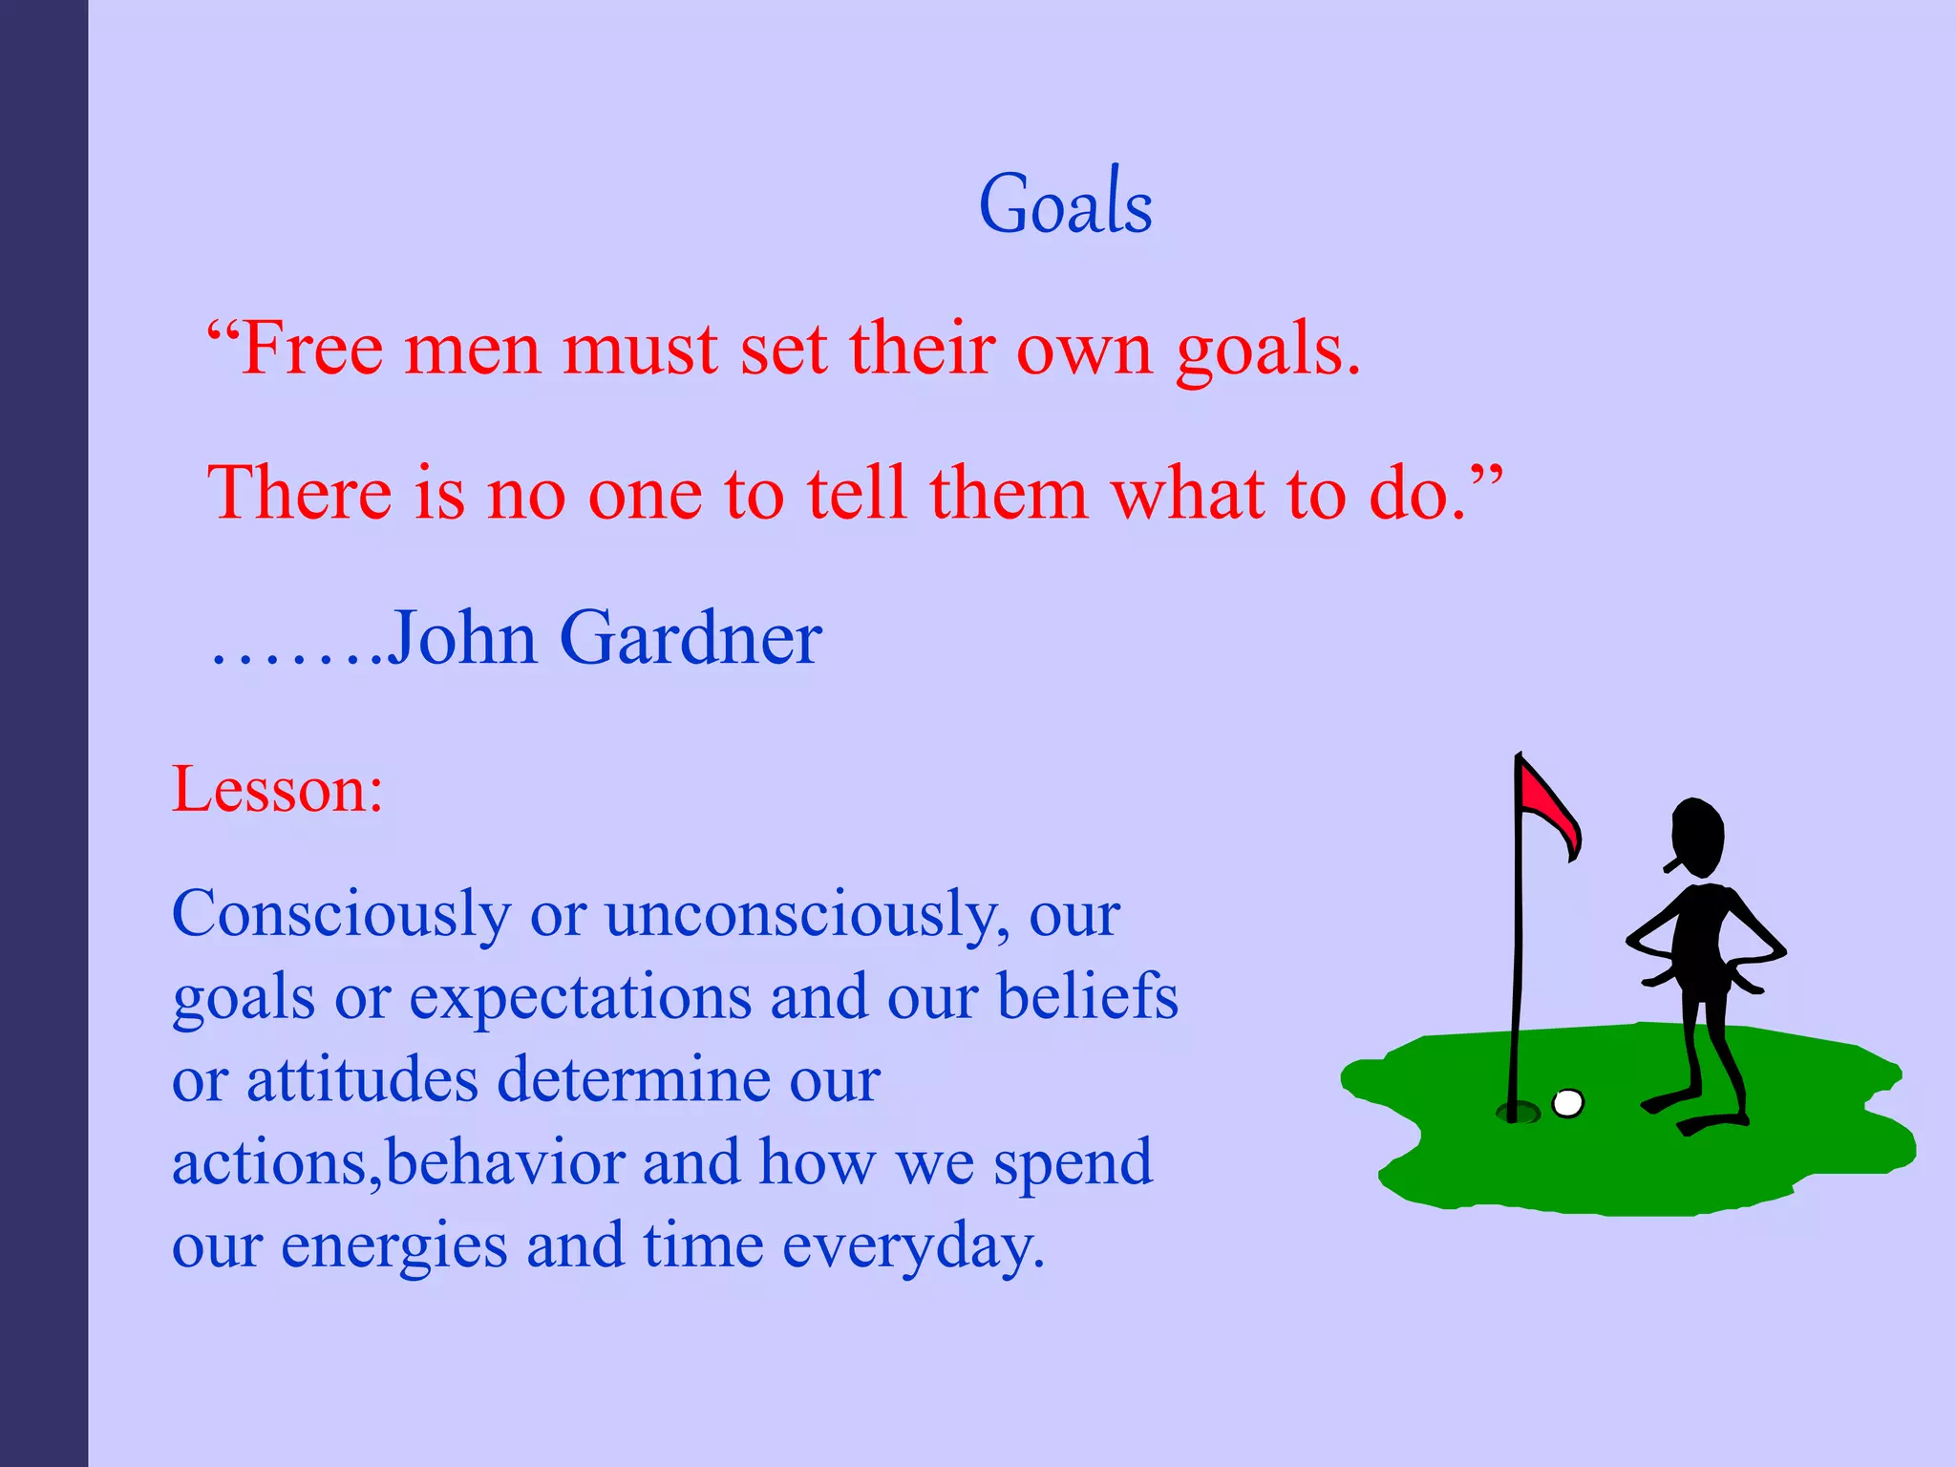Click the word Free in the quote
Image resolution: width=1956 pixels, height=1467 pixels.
coord(311,350)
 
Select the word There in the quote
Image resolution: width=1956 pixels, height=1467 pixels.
coord(299,494)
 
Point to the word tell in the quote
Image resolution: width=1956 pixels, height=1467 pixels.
coord(856,494)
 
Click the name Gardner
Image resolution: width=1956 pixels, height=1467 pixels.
coord(690,638)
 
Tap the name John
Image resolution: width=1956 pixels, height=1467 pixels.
coord(461,638)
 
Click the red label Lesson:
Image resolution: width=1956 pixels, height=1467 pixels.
coord(277,790)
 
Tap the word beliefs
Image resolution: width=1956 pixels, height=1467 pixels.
coord(1088,997)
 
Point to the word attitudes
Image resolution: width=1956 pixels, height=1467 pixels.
coord(362,1081)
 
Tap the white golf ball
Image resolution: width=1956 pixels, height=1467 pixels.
coord(1567,1103)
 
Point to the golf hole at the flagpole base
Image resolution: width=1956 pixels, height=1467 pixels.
coord(1518,1112)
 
